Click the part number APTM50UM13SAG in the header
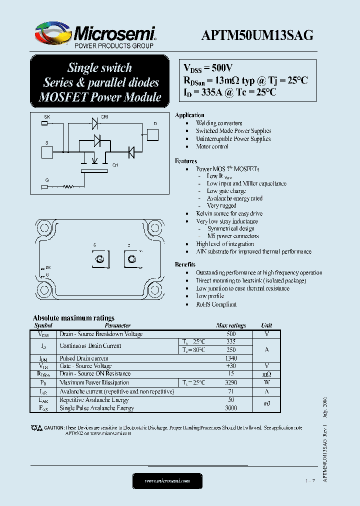[x=257, y=35]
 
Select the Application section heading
[x=189, y=115]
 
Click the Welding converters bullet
[x=219, y=123]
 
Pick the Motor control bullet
[x=212, y=147]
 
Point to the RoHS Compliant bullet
[x=216, y=304]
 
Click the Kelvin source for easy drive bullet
[x=229, y=213]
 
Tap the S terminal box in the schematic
[x=46, y=152]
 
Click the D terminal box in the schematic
[x=152, y=135]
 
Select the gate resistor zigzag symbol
[x=67, y=187]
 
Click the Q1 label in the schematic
[x=115, y=165]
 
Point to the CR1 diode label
[x=105, y=117]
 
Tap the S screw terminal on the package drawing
[x=99, y=259]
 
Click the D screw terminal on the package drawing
[x=132, y=259]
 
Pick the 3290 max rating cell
[x=230, y=382]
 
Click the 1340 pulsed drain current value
[x=230, y=358]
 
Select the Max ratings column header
[x=230, y=325]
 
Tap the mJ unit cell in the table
[x=266, y=404]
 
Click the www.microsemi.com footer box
[x=167, y=481]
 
